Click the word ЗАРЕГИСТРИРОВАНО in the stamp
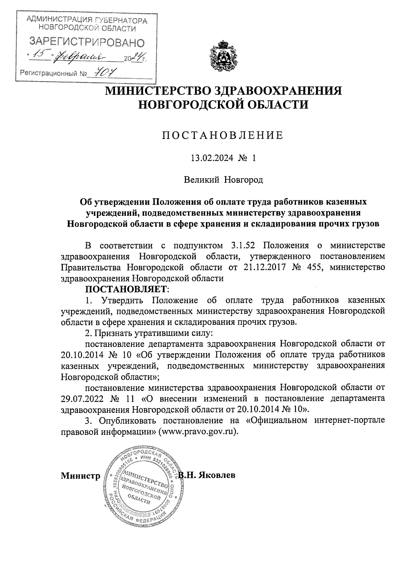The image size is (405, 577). (x=87, y=42)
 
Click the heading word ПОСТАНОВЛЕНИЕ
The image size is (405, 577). (x=223, y=135)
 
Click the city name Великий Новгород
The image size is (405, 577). (x=223, y=180)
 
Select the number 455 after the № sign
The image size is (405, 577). (x=315, y=267)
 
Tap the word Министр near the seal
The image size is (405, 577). (x=80, y=476)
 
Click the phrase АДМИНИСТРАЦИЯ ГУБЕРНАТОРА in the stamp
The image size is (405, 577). (x=87, y=21)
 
